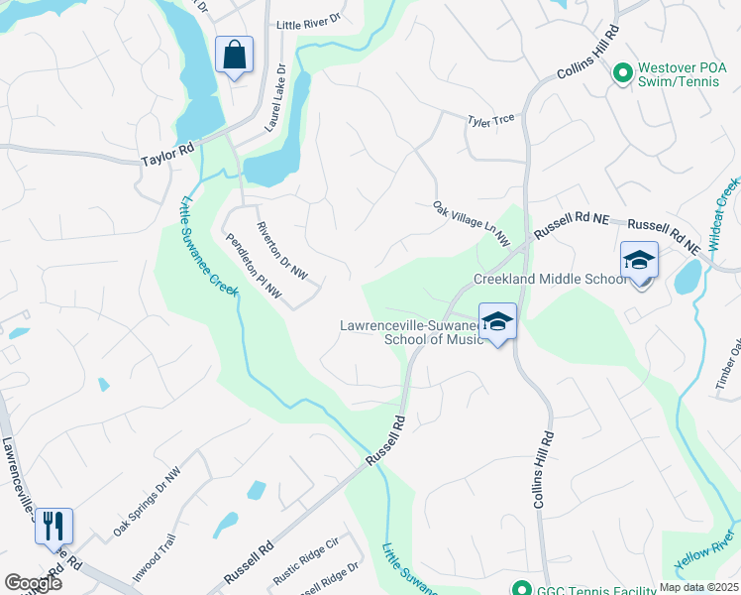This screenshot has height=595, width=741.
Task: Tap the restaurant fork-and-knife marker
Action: point(53,526)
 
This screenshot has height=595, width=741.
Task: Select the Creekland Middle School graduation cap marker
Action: point(640,262)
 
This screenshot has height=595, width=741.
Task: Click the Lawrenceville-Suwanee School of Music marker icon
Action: point(497,322)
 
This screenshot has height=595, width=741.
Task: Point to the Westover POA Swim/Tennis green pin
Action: point(622,72)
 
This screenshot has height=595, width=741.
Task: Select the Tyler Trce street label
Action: point(491,120)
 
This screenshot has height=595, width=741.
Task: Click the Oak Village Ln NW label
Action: point(471,224)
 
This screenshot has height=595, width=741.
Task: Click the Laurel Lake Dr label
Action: point(274,99)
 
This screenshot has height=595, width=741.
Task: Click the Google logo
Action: point(33,582)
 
